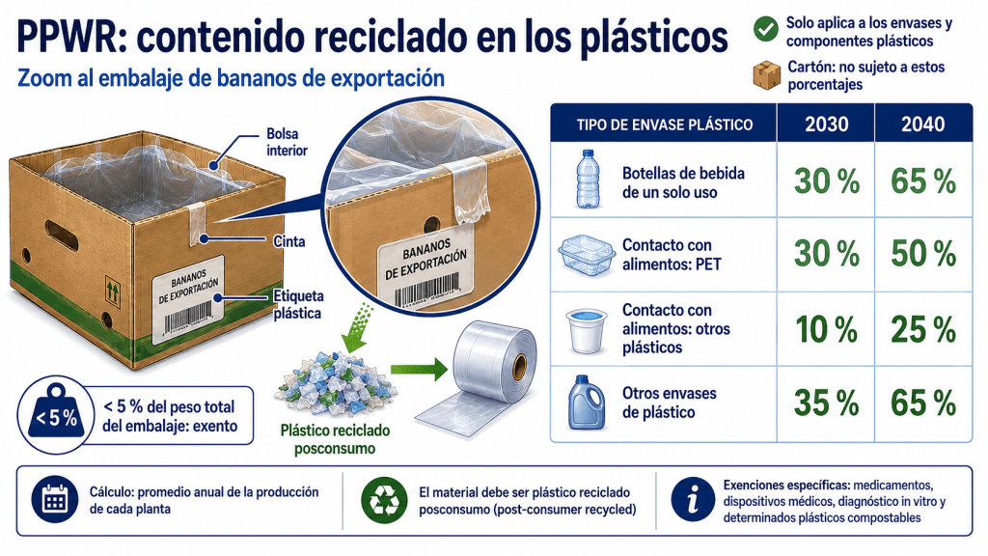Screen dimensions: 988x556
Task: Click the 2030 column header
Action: tap(826, 125)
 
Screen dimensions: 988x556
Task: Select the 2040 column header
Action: tap(922, 125)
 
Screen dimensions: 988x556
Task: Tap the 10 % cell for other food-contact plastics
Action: tap(827, 330)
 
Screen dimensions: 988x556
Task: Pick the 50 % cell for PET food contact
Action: tap(923, 254)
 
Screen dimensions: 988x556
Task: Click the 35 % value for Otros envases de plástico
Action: tap(827, 403)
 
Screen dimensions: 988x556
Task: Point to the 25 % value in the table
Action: tap(923, 330)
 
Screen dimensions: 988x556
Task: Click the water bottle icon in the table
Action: tap(588, 179)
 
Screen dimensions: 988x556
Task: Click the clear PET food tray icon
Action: tap(586, 255)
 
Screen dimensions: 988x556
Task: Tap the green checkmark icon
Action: tap(765, 29)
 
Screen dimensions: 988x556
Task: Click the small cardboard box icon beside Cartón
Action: tap(767, 75)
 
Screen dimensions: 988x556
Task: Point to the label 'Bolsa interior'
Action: tap(287, 142)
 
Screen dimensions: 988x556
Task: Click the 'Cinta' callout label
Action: tap(289, 241)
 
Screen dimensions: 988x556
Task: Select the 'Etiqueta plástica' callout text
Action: tap(298, 304)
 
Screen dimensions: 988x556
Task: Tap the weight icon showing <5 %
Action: tap(56, 414)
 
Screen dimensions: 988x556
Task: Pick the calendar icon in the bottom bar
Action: tap(55, 500)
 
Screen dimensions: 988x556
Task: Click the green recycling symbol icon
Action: tap(384, 500)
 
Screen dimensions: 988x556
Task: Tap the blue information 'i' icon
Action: tap(693, 500)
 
